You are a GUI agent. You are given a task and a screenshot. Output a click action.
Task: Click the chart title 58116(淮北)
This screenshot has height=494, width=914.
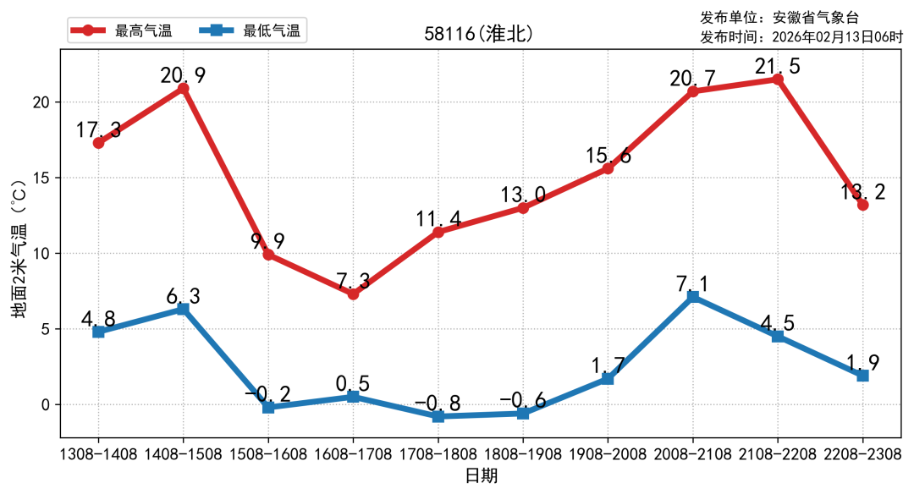coord(479,35)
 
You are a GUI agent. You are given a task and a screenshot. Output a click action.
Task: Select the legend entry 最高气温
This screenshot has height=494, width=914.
coord(143,31)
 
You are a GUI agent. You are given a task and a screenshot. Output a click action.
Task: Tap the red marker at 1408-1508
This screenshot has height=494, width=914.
coord(183,88)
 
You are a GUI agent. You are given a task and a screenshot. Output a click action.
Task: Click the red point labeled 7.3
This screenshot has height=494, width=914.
coord(353,294)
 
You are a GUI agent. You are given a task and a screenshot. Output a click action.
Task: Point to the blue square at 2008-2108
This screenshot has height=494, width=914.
coord(692,297)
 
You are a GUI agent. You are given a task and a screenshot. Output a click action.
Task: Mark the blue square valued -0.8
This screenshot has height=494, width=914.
coord(438,416)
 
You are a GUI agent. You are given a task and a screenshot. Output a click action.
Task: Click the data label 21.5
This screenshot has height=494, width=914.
coord(777,66)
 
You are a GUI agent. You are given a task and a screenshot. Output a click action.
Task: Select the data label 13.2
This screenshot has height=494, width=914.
coord(862,192)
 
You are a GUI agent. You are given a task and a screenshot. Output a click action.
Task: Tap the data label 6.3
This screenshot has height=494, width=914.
coord(183,295)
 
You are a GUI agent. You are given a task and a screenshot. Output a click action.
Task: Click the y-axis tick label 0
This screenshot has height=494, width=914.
coord(48,404)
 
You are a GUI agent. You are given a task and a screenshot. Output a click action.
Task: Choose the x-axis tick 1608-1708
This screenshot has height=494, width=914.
coord(353,454)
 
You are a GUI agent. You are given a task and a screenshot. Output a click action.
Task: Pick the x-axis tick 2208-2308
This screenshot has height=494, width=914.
coord(862,454)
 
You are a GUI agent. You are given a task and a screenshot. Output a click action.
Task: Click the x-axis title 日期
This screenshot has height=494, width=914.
coord(481,475)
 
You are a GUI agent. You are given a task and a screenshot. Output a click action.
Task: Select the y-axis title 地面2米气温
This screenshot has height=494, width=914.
coord(19,254)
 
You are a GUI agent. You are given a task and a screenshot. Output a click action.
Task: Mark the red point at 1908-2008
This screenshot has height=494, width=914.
coord(608,168)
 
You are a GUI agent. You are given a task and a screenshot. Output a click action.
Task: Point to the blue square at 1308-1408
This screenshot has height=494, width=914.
coord(98,332)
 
